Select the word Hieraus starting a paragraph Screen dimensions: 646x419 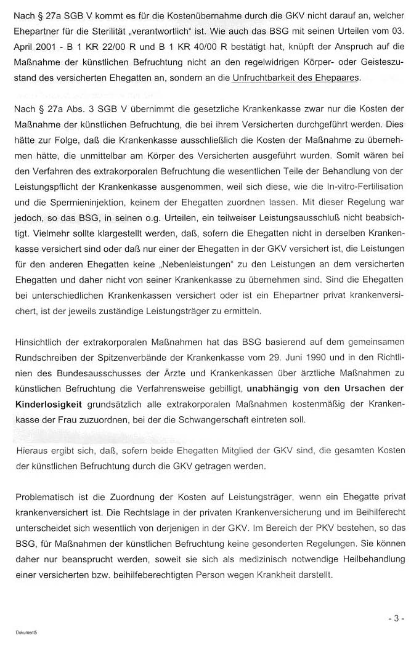(x=32, y=451)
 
